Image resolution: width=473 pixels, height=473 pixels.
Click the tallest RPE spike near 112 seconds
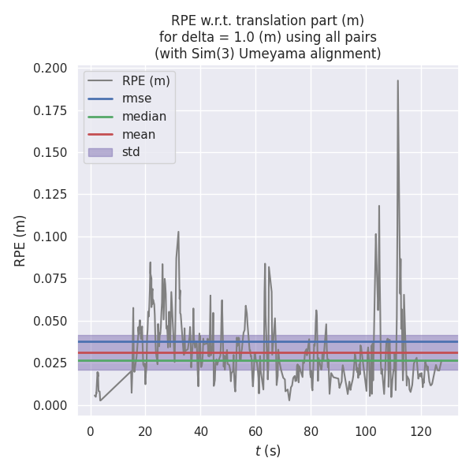coord(397,80)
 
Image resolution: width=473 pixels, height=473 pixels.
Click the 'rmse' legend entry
coord(136,99)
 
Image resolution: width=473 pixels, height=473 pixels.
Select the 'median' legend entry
coord(143,117)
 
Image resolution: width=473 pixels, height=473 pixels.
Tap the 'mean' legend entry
coord(138,134)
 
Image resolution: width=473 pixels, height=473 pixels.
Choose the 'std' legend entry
coord(131,152)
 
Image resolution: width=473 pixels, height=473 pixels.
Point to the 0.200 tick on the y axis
coord(50,69)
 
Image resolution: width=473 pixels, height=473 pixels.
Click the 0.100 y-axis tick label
coord(50,237)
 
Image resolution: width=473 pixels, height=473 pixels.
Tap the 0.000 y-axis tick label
coord(50,405)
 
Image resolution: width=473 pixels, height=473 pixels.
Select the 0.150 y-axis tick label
coord(50,153)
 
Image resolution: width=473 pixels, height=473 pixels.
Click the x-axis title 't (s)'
coord(267,451)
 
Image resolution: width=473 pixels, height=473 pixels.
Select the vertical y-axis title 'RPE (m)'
coord(20,240)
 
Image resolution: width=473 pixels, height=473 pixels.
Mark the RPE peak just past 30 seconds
coord(178,232)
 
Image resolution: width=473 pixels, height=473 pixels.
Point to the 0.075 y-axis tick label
coord(50,279)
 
